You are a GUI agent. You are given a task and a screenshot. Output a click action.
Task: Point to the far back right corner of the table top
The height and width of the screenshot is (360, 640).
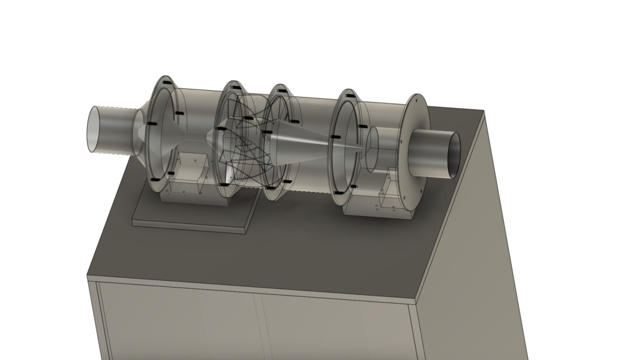click(x=484, y=111)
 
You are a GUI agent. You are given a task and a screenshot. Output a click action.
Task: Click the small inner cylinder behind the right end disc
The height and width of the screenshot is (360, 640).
click(x=378, y=150)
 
